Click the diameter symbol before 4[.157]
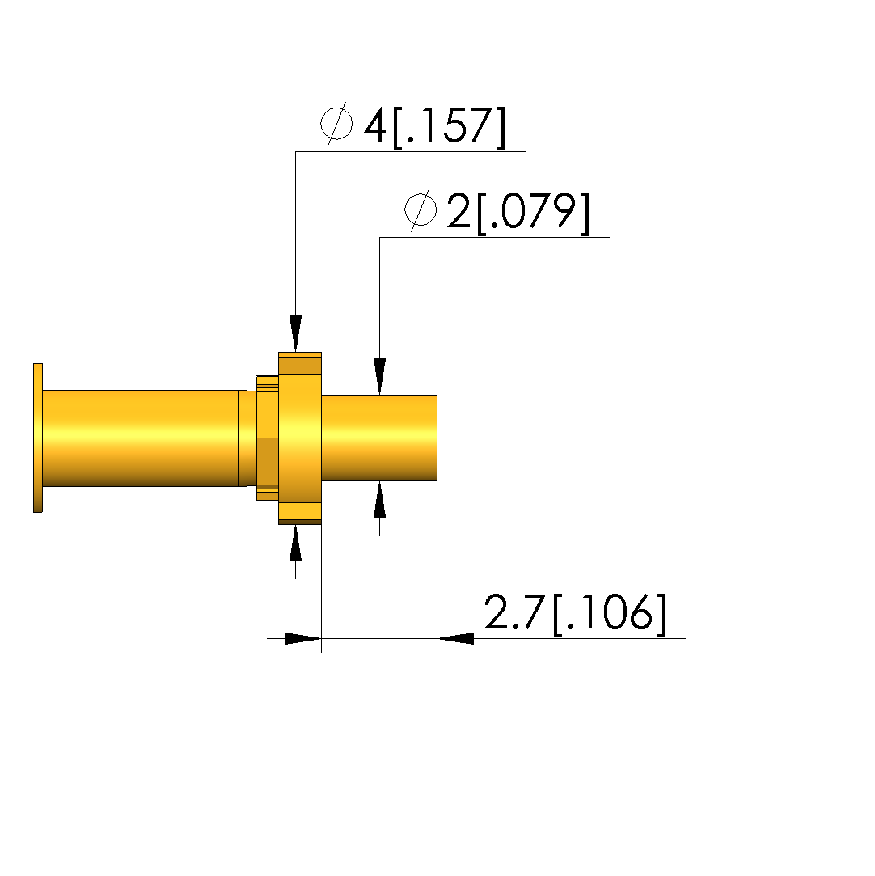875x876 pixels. point(336,124)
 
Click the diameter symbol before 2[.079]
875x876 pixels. point(420,209)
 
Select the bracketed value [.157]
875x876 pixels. point(450,127)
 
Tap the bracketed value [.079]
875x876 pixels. point(533,214)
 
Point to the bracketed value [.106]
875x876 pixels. point(609,613)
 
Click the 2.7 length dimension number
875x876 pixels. point(514,612)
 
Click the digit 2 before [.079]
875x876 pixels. point(459,210)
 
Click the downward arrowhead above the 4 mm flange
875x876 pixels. point(295,333)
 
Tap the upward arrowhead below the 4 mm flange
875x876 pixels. point(295,543)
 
